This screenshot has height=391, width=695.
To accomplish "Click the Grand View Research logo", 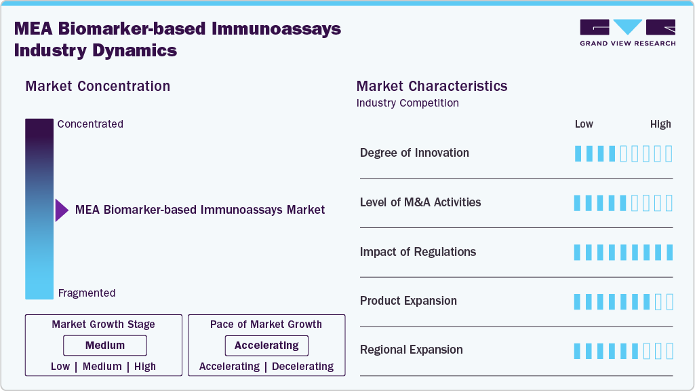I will click(x=627, y=33).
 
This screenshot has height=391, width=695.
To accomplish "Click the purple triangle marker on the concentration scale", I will click(x=62, y=210).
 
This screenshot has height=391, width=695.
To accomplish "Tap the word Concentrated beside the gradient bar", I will click(x=90, y=124).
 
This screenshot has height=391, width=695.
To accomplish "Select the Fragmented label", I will click(x=87, y=293).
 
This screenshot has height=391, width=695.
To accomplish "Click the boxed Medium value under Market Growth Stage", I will click(x=105, y=346).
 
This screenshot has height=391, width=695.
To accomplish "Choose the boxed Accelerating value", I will click(x=266, y=346).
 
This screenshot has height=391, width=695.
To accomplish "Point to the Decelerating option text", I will click(x=303, y=367).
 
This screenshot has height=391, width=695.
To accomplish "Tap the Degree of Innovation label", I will click(x=414, y=153).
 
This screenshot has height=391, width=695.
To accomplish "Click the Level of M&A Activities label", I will click(x=420, y=202).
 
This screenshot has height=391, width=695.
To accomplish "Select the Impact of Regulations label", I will click(x=418, y=252).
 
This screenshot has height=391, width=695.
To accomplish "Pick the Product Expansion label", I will click(x=408, y=301).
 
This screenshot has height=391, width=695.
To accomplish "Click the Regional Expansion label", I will click(x=411, y=350).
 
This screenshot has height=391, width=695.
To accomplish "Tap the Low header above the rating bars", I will click(x=584, y=124).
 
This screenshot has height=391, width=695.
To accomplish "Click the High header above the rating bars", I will click(x=660, y=124).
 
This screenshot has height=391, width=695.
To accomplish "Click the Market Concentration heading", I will click(x=98, y=86).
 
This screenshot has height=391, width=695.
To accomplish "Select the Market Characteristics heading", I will click(x=432, y=86).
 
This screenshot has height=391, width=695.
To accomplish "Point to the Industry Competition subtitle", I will click(x=408, y=103).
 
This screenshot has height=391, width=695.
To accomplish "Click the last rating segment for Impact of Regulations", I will click(x=669, y=253).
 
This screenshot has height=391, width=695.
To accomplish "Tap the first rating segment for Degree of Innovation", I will click(x=578, y=153).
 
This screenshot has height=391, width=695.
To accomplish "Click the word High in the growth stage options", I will click(x=144, y=367).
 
